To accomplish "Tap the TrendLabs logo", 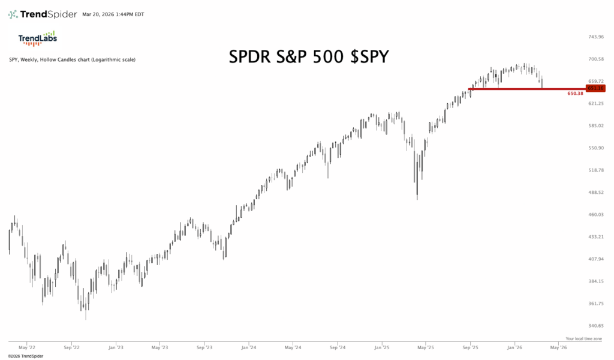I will [x=37, y=38].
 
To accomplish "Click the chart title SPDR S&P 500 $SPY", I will [x=309, y=57].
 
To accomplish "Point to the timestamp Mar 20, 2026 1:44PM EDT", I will [x=113, y=14].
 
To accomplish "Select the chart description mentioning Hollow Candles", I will [x=71, y=60].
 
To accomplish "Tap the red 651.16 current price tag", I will [x=595, y=88].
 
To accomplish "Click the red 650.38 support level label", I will [x=575, y=94].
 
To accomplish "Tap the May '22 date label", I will [x=26, y=347].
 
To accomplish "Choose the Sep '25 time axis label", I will [x=471, y=347].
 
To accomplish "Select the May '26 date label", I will [x=559, y=347].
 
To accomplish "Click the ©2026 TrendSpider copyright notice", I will [x=26, y=356].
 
